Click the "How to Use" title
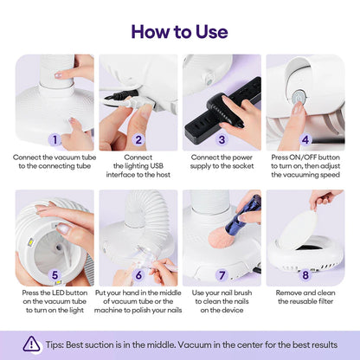pyautogui.click(x=179, y=32)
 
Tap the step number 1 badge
pyautogui.click(x=55, y=138)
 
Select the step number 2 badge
pyautogui.click(x=138, y=138)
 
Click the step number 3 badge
pyautogui.click(x=222, y=138)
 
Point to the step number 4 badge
pyautogui.click(x=305, y=138)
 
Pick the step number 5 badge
pyautogui.click(x=55, y=276)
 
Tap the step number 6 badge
pyautogui.click(x=138, y=276)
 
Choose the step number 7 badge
pyautogui.click(x=222, y=276)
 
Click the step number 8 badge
pyautogui.click(x=305, y=276)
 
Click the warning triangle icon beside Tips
pyautogui.click(x=32, y=344)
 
